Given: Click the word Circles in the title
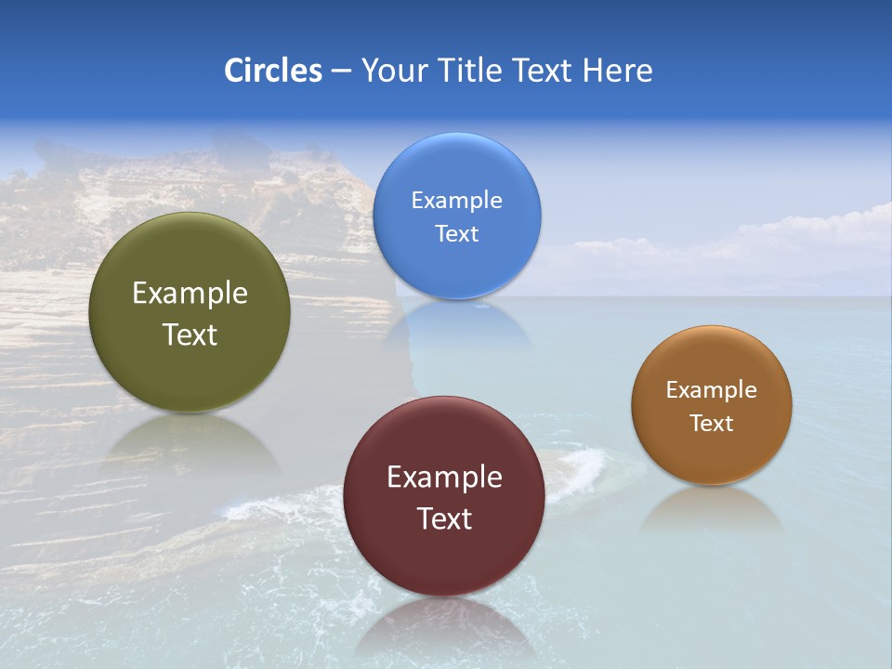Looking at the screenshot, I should [x=273, y=71].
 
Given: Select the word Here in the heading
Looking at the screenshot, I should [x=618, y=71].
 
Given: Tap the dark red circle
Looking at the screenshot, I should [x=444, y=557].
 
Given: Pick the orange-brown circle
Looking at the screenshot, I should [x=712, y=455].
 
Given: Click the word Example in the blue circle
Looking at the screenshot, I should [x=456, y=201].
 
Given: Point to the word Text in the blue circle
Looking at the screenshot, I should [x=456, y=233].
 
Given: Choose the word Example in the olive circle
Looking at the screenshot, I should [x=190, y=294].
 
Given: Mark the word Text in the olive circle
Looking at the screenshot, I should [x=190, y=334].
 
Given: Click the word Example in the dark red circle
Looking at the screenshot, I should [x=444, y=478].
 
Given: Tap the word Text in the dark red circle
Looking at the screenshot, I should [x=444, y=518].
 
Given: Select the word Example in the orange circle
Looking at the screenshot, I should [x=712, y=390].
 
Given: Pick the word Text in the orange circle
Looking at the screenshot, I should [x=712, y=424].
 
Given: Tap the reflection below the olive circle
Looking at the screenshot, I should [x=190, y=441].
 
